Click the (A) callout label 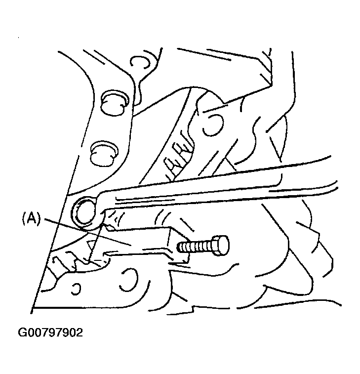pos(32,218)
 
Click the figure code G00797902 pos(50,332)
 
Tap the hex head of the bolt pos(221,246)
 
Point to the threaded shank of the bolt pos(194,246)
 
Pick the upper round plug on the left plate pos(114,103)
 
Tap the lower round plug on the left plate pos(104,154)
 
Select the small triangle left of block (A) pos(90,246)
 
